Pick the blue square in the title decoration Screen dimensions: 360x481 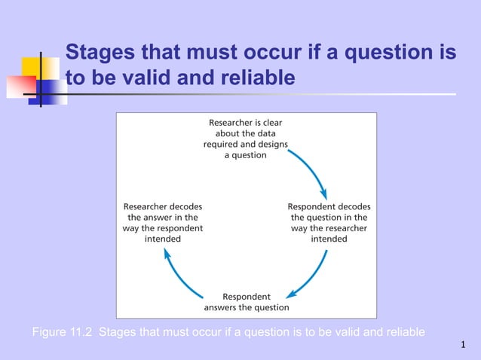pos(53,90)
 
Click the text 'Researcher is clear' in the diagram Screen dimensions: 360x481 pos(246,122)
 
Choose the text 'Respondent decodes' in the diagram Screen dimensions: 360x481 pos(329,206)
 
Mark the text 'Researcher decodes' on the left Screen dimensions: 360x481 pos(162,206)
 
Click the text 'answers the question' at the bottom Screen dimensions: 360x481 pos(246,307)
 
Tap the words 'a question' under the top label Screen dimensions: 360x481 pos(246,155)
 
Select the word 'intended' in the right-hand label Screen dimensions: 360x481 pos(329,239)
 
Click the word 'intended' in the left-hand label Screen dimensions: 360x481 pos(162,239)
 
